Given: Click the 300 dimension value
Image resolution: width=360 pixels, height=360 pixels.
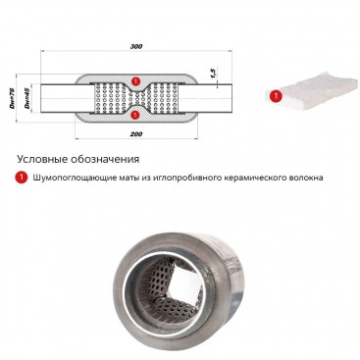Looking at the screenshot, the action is pos(136,46).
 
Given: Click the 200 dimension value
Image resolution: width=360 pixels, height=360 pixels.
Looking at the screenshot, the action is pos(137,134).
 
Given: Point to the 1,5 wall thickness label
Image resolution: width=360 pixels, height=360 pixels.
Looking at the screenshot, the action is pos(214,74).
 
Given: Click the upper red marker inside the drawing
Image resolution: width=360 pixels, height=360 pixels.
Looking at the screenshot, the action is pos(135,80).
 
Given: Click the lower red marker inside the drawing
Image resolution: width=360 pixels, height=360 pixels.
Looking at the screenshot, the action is pos(135,115).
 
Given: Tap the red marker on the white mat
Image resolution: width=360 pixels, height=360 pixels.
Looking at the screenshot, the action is pos(277,96).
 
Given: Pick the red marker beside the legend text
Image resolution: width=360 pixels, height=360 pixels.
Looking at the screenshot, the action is pos(22,178).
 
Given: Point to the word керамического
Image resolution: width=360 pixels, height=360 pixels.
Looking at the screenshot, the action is pos(249,178).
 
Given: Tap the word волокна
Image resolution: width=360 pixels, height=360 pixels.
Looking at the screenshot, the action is pos(300,178).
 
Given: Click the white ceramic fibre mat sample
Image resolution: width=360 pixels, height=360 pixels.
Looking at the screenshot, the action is pos(313,90).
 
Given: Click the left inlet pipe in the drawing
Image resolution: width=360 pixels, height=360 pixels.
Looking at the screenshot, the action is pos(67,99).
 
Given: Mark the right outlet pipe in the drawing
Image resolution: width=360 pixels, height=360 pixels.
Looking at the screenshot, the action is pos(205,99).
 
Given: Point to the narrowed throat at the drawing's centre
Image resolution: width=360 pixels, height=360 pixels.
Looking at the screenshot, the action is pos(135,98).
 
